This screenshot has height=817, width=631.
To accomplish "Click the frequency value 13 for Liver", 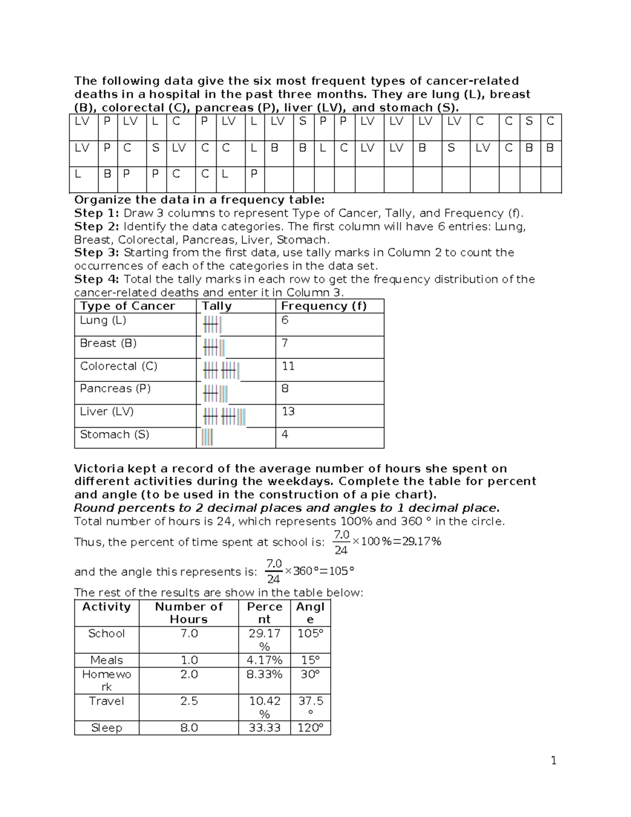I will pyautogui.click(x=288, y=411).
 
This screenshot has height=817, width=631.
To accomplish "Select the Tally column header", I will pyautogui.click(x=217, y=306).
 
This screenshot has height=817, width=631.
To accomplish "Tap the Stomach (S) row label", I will pyautogui.click(x=115, y=435).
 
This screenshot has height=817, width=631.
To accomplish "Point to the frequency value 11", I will pyautogui.click(x=288, y=366).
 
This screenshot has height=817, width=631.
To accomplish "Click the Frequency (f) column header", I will pyautogui.click(x=323, y=306).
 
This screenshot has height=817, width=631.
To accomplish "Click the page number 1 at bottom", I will pyautogui.click(x=553, y=760).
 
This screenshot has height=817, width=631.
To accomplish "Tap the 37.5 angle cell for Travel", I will pyautogui.click(x=310, y=707).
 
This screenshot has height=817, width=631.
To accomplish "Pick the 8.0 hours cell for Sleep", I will pyautogui.click(x=189, y=728).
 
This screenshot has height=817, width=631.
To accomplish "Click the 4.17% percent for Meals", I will pyautogui.click(x=264, y=660).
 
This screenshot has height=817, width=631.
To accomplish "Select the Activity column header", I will pyautogui.click(x=106, y=607).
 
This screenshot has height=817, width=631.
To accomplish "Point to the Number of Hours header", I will pyautogui.click(x=189, y=613).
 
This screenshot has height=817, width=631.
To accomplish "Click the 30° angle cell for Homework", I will pyautogui.click(x=310, y=674).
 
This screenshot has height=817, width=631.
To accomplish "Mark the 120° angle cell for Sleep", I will pyautogui.click(x=310, y=728).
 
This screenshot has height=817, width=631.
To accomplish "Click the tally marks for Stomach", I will pyautogui.click(x=207, y=437).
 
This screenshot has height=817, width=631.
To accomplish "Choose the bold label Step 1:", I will pyautogui.click(x=97, y=213).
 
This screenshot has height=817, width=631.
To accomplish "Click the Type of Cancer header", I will pyautogui.click(x=127, y=306).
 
